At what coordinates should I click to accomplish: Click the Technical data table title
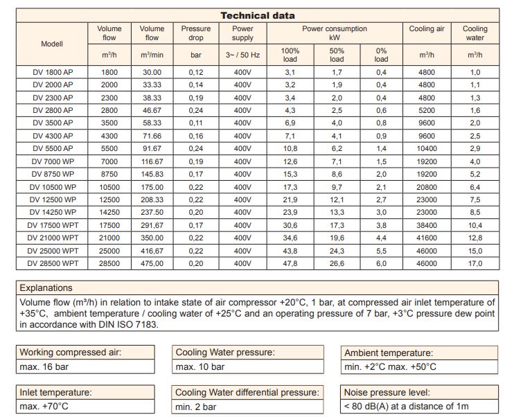coord(258,15)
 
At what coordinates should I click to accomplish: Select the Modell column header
coord(52,44)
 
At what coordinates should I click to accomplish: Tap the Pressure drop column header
coord(196,33)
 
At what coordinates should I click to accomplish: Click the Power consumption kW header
coord(335,33)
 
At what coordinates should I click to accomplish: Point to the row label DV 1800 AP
coord(53,72)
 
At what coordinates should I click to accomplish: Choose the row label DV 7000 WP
coord(53,161)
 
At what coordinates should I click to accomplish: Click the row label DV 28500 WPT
coord(53,263)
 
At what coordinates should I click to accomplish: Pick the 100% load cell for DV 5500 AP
coord(290,148)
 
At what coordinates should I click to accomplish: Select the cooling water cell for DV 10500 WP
coord(475,187)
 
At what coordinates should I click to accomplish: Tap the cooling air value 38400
coord(427,225)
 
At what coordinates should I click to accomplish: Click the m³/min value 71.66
coord(152,136)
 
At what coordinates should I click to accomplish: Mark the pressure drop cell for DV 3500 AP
coord(196,123)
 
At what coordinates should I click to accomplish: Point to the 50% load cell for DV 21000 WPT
coord(337,238)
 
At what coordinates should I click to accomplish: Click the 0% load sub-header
coord(381,55)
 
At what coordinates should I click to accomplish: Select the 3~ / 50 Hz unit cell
coord(242,55)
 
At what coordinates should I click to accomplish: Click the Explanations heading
coord(46,288)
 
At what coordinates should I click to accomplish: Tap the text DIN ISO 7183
coord(127,325)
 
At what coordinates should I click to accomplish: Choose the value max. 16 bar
coord(44,366)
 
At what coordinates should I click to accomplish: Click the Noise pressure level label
coord(387,393)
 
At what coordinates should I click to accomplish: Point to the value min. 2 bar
coord(196,407)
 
